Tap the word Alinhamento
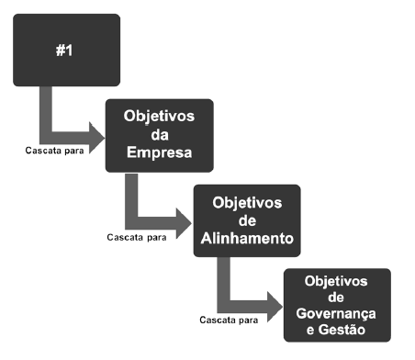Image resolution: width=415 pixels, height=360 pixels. coord(246,237)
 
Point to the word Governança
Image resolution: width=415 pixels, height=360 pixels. coord(336,313)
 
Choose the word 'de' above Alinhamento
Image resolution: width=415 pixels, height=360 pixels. coord(246,219)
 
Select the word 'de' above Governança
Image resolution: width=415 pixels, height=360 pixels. coord(336,297)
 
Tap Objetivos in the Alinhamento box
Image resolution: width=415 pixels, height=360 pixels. coord(246,202)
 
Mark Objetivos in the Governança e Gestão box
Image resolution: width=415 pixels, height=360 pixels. coord(336,280)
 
